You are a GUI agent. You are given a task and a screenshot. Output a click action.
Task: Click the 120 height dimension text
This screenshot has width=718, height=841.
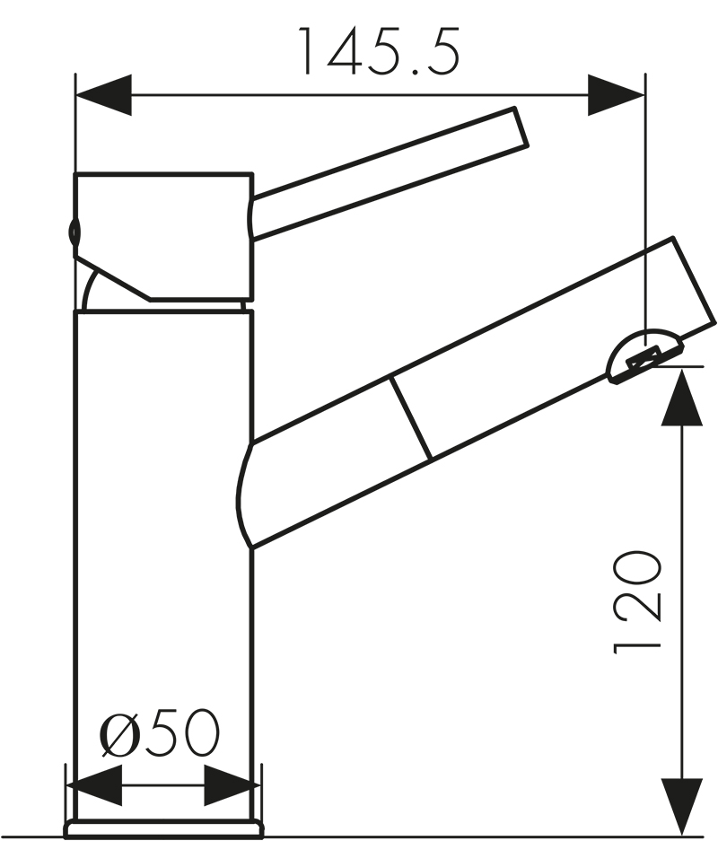coord(638,601)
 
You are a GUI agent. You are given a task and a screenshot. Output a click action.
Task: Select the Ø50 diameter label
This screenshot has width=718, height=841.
coord(159,733)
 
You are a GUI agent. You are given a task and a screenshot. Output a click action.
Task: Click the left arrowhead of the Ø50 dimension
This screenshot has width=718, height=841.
coord(94,785)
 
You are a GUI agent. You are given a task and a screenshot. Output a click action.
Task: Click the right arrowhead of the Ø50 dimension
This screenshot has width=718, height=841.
coord(232,785)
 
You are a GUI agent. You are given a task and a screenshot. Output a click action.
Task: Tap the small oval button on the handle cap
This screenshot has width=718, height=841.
coord(74,232)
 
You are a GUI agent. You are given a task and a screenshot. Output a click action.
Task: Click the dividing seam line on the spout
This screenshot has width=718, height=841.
coord(410,418)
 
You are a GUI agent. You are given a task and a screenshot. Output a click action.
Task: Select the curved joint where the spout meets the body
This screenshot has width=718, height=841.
coord(244,494)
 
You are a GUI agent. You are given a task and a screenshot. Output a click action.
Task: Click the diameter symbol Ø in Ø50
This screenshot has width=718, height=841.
coord(118,733)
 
